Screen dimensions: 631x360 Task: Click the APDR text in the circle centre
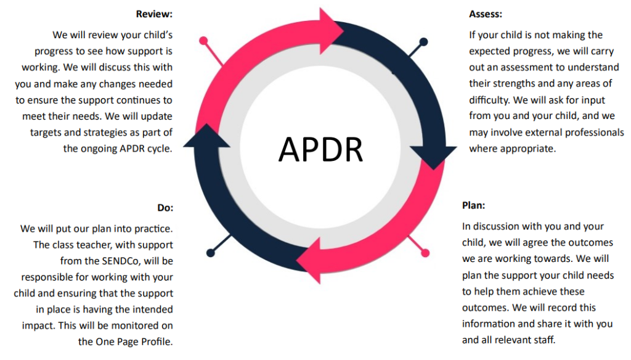(320, 149)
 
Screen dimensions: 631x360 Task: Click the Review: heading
(154, 14)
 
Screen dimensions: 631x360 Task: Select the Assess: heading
(486, 14)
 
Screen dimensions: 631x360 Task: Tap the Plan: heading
(473, 205)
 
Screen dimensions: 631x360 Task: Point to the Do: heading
(165, 208)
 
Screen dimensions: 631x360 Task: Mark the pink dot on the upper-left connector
(203, 41)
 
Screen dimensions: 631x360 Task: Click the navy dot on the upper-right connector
(423, 41)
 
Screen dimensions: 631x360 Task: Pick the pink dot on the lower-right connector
(425, 253)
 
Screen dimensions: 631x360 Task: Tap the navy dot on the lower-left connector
(211, 253)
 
